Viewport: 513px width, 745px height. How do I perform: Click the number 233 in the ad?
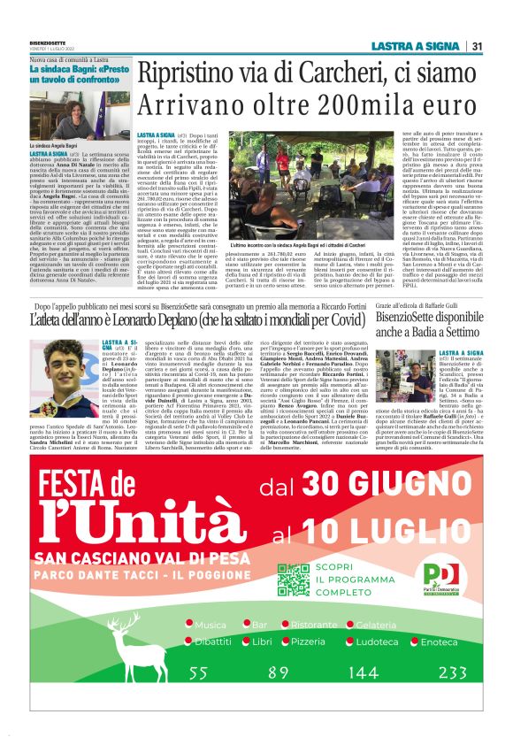coord(452,672)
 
